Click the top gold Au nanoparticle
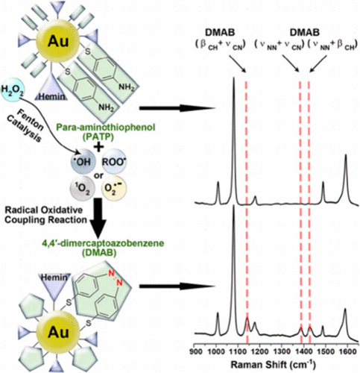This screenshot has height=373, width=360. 58,41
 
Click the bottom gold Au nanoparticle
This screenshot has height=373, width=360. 58,332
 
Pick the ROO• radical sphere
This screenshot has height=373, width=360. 113,161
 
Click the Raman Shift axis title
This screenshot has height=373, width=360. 273,365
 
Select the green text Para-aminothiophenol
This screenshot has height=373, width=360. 106,128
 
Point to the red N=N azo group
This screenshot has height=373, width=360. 116,278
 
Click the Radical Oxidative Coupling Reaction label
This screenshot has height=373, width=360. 46,215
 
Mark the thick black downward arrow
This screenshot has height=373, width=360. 98,218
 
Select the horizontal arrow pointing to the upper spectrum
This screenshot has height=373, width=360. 177,108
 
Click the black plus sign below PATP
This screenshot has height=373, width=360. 98,147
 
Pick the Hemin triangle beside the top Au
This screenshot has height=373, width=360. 51,89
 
